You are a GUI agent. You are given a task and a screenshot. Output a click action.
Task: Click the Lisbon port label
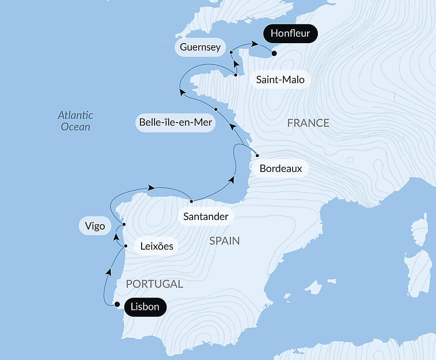(x=145, y=307)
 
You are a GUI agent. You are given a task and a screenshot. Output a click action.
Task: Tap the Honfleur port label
(x=290, y=34)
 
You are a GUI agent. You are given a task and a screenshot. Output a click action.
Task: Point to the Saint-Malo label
(x=280, y=80)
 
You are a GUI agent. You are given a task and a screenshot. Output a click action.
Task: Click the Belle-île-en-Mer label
(x=175, y=122)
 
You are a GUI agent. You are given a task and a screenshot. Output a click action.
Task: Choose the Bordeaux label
(x=281, y=168)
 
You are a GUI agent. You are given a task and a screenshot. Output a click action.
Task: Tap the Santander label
(x=206, y=216)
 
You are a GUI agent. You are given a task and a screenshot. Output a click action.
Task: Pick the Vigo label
(x=95, y=226)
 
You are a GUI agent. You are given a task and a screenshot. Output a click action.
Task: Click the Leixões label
(x=157, y=247)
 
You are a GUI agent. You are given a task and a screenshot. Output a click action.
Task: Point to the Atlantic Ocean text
(x=76, y=121)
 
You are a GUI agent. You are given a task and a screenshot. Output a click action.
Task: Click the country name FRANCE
(x=308, y=123)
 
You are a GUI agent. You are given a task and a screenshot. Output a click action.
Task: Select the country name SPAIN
(x=224, y=241)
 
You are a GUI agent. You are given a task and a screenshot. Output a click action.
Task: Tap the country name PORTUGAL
(x=154, y=284)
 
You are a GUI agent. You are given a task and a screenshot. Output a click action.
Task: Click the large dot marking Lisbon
(x=117, y=305)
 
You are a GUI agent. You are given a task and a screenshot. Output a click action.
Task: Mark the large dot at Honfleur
(x=274, y=54)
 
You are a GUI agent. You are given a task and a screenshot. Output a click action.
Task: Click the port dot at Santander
(x=191, y=201)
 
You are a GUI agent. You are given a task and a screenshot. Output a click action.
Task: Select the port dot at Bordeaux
(x=257, y=155)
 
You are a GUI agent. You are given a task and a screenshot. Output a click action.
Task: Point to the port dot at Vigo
(x=124, y=224)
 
